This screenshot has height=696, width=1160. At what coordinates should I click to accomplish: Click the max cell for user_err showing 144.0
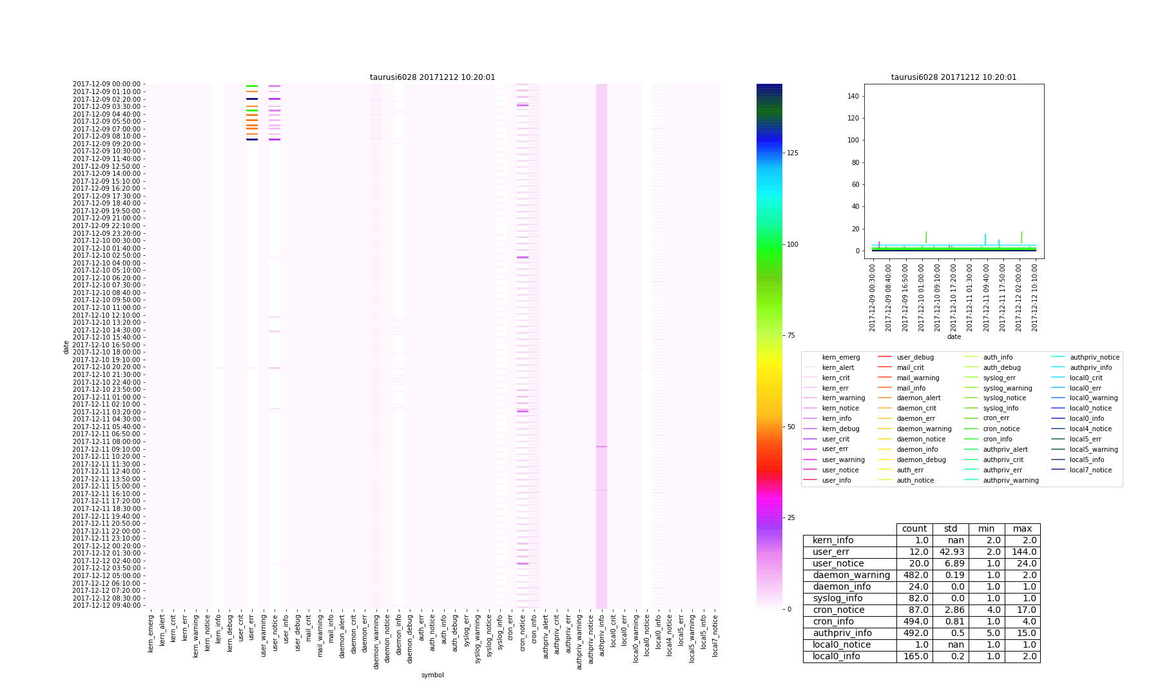pyautogui.click(x=1023, y=552)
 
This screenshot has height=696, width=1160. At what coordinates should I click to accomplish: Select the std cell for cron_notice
pyautogui.click(x=951, y=610)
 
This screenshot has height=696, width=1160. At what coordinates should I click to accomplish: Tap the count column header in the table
pyautogui.click(x=914, y=529)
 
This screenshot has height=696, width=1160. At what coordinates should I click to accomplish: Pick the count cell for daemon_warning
pyautogui.click(x=914, y=575)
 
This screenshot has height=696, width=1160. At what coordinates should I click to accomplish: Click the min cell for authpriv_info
pyautogui.click(x=987, y=633)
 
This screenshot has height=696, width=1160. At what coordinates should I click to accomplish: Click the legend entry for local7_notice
pyautogui.click(x=1090, y=470)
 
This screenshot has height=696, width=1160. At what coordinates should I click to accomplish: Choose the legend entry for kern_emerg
pyautogui.click(x=840, y=357)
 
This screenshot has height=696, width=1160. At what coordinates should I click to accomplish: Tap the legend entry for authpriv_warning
pyautogui.click(x=1010, y=480)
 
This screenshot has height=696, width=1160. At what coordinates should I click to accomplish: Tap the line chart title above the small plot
pyautogui.click(x=954, y=77)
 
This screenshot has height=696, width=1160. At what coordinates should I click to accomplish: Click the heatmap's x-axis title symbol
pyautogui.click(x=432, y=675)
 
